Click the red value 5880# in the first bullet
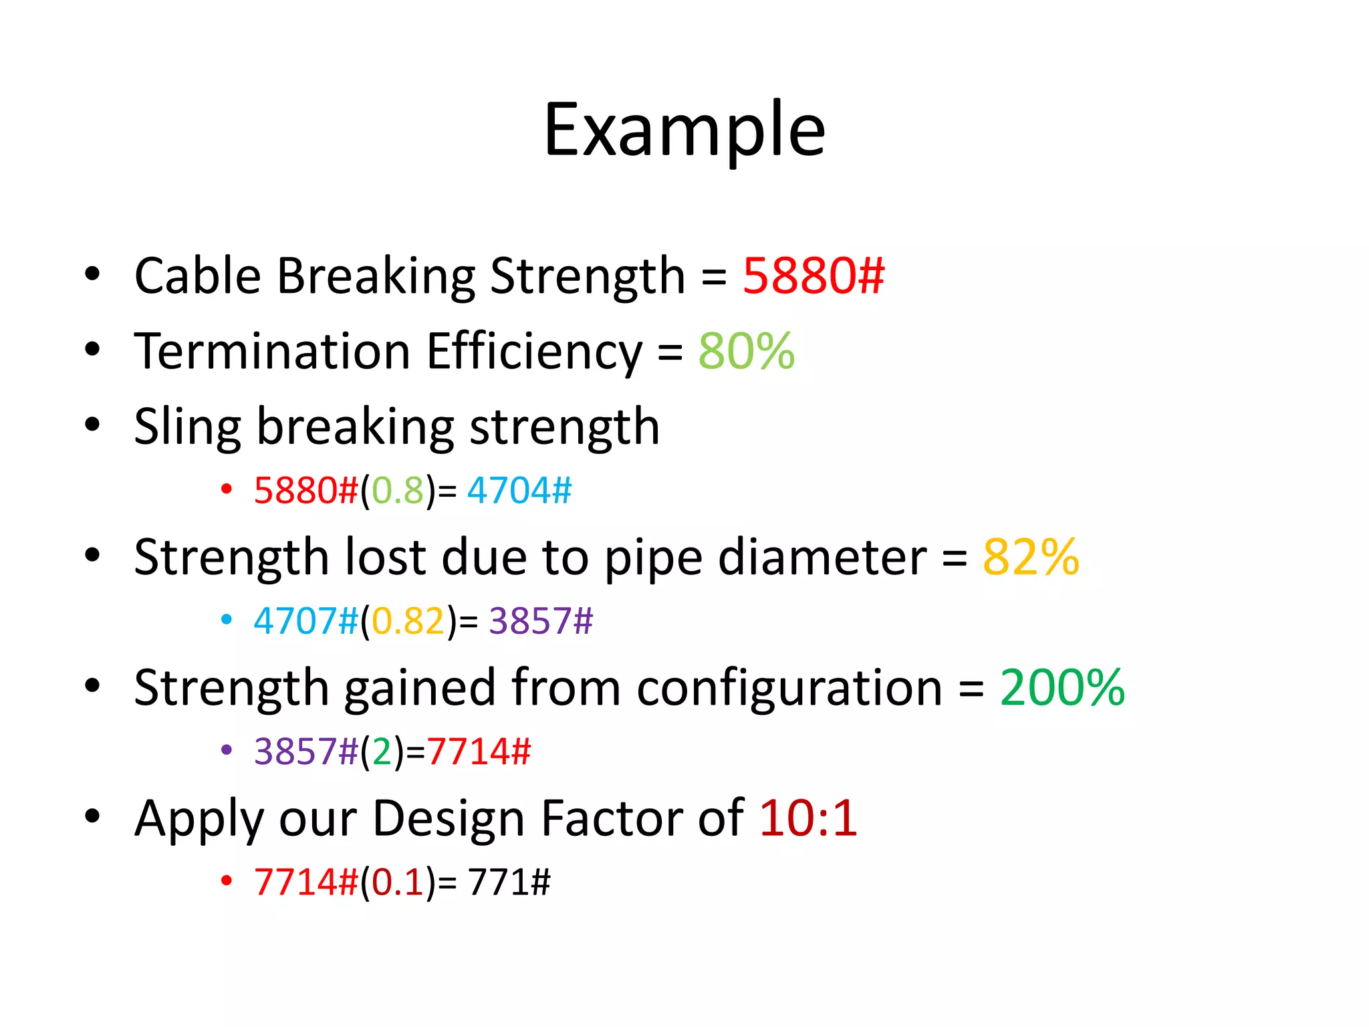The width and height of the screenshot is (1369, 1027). pyautogui.click(x=814, y=275)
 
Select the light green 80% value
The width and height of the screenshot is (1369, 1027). pyautogui.click(x=747, y=351)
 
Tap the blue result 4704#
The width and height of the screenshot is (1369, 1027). pyautogui.click(x=519, y=490)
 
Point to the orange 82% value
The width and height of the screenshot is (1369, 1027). pyautogui.click(x=1031, y=556)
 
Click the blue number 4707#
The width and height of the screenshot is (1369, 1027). pyautogui.click(x=306, y=620)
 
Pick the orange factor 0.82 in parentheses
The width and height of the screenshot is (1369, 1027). pyautogui.click(x=408, y=620)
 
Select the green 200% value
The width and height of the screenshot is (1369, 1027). pyautogui.click(x=1062, y=687)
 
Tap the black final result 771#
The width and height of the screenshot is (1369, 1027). pyautogui.click(x=509, y=881)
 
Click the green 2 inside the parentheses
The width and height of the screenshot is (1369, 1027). pyautogui.click(x=382, y=752)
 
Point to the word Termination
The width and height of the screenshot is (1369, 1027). pyautogui.click(x=272, y=351)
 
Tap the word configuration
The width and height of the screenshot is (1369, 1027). pyautogui.click(x=789, y=687)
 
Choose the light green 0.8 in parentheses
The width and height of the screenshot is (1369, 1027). pyautogui.click(x=398, y=490)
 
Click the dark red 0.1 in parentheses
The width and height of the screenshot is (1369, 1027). pyautogui.click(x=398, y=881)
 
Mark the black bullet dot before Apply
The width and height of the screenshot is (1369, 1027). pyautogui.click(x=92, y=816)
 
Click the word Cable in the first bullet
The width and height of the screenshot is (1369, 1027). pyautogui.click(x=198, y=275)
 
